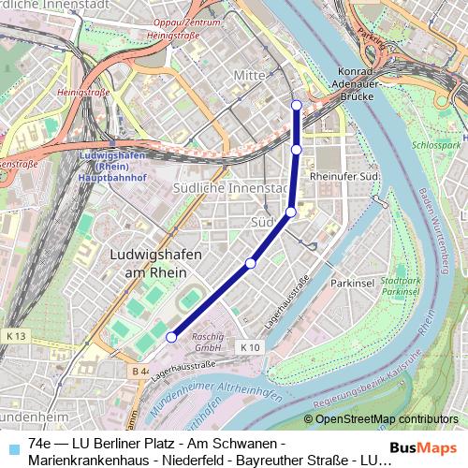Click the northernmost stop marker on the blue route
[x=297, y=104]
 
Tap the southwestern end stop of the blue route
[x=171, y=337]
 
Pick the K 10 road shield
[x=249, y=346]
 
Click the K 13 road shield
[x=15, y=335]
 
